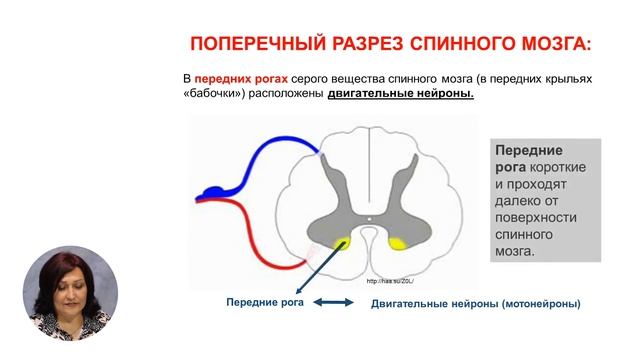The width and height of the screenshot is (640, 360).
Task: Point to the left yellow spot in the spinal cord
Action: point(343,242)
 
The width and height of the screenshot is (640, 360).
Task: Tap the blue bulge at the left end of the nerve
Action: point(213,189)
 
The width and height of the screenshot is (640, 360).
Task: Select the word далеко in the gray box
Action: point(520,200)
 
